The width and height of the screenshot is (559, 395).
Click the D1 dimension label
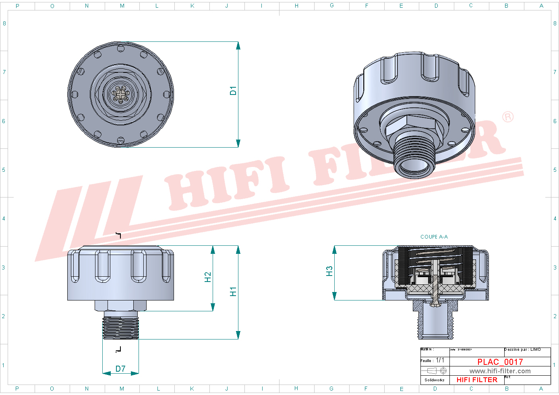coord(233,91)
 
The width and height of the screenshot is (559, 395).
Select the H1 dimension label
coord(233,292)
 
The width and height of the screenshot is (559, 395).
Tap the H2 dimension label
coord(208,277)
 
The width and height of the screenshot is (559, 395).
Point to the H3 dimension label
coord(329,271)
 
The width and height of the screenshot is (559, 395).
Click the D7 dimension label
coord(120,369)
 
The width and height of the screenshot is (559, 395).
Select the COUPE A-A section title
coord(434,237)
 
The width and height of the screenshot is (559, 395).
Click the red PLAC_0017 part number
coord(500,362)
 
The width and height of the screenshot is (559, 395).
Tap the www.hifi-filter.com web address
coord(500,371)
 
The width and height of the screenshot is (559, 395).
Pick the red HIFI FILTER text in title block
coord(477,380)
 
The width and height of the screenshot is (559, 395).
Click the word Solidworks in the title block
coord(435,380)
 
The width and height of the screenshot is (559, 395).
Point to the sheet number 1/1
coord(440,360)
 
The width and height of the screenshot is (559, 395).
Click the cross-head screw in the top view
coord(120,94)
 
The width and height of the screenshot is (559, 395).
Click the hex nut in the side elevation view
coord(120,305)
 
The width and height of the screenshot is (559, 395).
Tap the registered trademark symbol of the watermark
coord(508,117)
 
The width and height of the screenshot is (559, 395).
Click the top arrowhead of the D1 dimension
coord(238,45)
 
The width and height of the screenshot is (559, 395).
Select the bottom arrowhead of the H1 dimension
coord(238,335)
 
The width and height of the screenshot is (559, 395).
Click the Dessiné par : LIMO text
coord(522,350)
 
